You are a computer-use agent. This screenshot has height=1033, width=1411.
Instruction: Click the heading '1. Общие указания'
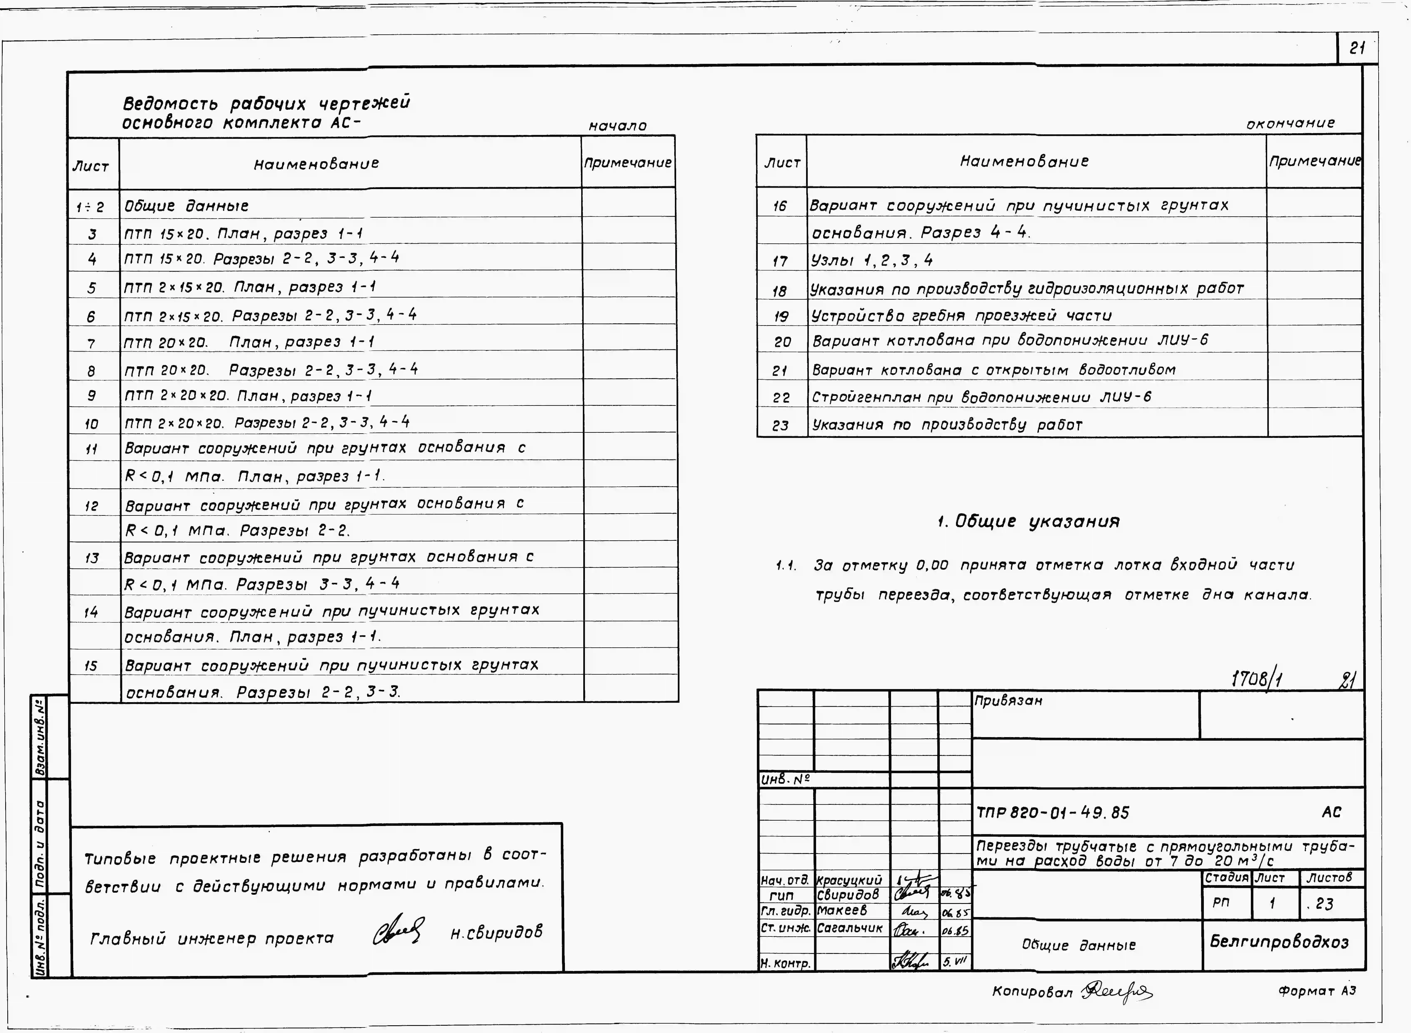(x=1028, y=522)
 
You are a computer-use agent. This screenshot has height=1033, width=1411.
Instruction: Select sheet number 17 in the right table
(x=780, y=261)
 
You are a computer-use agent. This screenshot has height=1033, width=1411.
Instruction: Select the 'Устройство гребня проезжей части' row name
(x=961, y=316)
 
